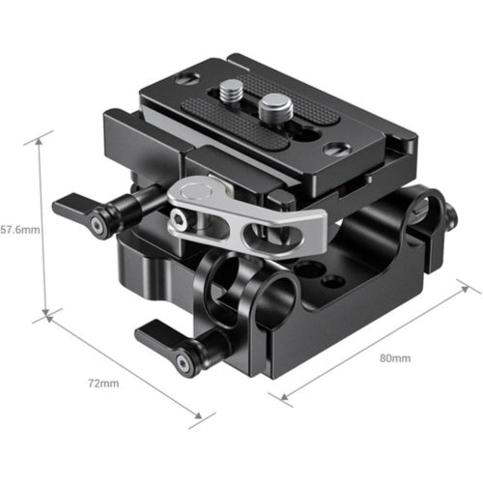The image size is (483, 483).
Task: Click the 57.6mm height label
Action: (x=18, y=231)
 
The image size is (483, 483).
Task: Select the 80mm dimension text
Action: (x=394, y=358)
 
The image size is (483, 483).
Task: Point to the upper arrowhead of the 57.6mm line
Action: (x=40, y=138)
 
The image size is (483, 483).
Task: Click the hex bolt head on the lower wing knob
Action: (x=185, y=360)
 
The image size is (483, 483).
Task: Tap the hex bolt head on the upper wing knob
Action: (x=98, y=225)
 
